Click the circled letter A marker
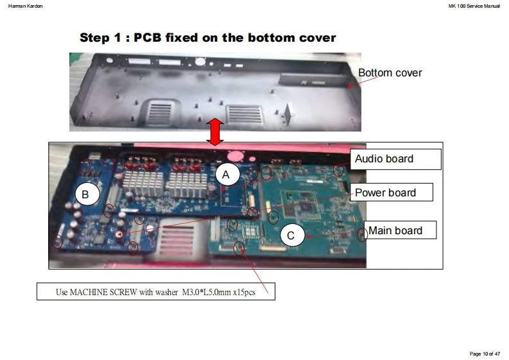228,175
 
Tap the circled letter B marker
87,194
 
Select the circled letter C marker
293,235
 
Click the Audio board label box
395,159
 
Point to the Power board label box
391,192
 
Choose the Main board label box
400,230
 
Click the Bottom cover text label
390,73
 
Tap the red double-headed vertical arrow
214,132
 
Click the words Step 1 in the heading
100,38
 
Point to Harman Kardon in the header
25,6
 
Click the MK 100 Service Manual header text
474,6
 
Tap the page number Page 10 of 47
485,354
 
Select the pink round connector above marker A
236,156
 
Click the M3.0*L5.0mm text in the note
207,292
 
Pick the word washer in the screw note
166,292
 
